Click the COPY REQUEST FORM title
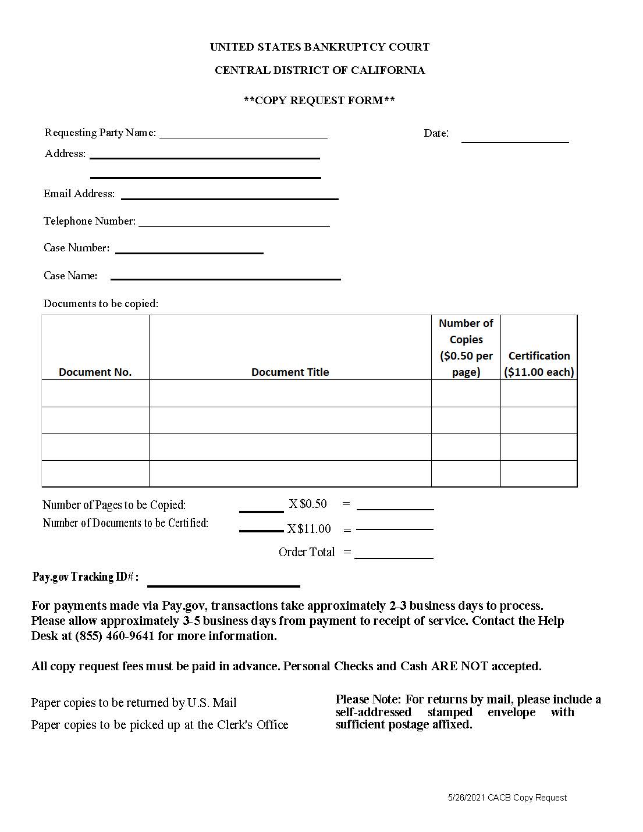tap(319, 100)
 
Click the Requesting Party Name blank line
tap(243, 134)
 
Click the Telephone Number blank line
tap(234, 222)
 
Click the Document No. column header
tap(95, 372)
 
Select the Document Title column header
tap(290, 372)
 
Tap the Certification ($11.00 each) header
tap(539, 364)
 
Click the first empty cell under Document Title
tap(290, 393)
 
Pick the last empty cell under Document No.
tap(95, 474)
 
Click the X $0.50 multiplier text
tap(308, 504)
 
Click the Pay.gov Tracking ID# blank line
tap(223, 582)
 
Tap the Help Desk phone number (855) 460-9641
tap(115, 636)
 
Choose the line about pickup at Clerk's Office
tap(159, 725)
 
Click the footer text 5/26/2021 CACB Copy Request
tap(507, 798)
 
